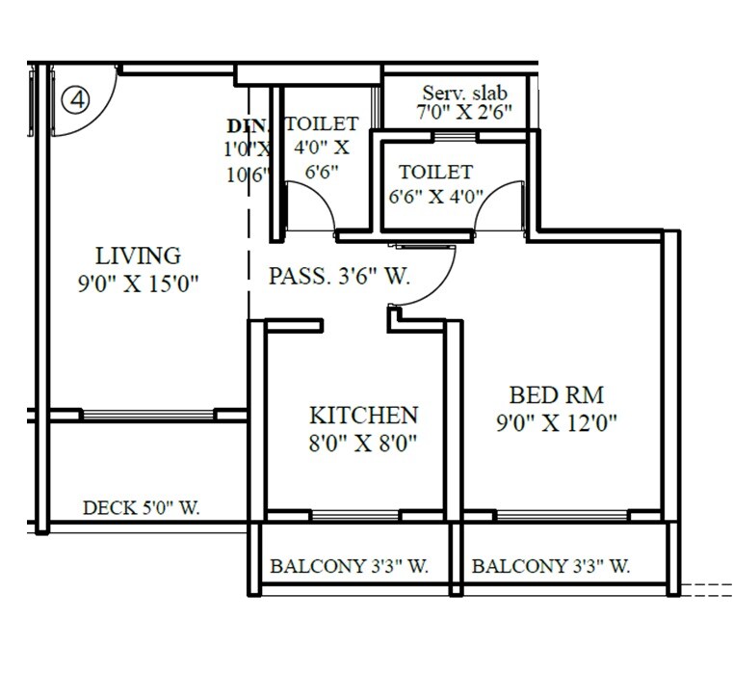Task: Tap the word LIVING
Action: click(138, 256)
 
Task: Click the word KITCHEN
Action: click(363, 416)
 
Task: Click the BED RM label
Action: click(557, 395)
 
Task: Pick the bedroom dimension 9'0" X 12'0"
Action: click(557, 421)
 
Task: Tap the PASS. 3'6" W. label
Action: click(338, 277)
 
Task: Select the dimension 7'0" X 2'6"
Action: click(464, 112)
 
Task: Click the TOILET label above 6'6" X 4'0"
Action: click(436, 173)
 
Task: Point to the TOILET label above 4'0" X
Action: click(322, 124)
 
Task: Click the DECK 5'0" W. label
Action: click(142, 508)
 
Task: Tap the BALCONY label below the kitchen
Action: click(349, 567)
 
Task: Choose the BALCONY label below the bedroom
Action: click(551, 567)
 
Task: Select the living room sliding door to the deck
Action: click(147, 415)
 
